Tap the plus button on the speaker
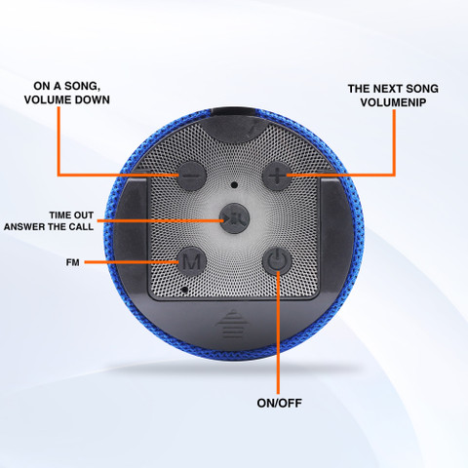276,175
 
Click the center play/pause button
234,218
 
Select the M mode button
191,260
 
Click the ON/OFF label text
279,403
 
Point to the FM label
73,262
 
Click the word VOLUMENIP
393,102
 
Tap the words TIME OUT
71,215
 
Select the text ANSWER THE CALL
49,226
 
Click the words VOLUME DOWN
67,99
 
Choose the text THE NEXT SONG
393,89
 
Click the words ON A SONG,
67,86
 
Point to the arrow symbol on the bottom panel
232,324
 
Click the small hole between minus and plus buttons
234,185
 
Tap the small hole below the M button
185,289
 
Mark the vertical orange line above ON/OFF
279,331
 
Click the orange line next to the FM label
132,262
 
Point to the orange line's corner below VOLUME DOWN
58,175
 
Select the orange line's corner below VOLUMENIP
394,175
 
